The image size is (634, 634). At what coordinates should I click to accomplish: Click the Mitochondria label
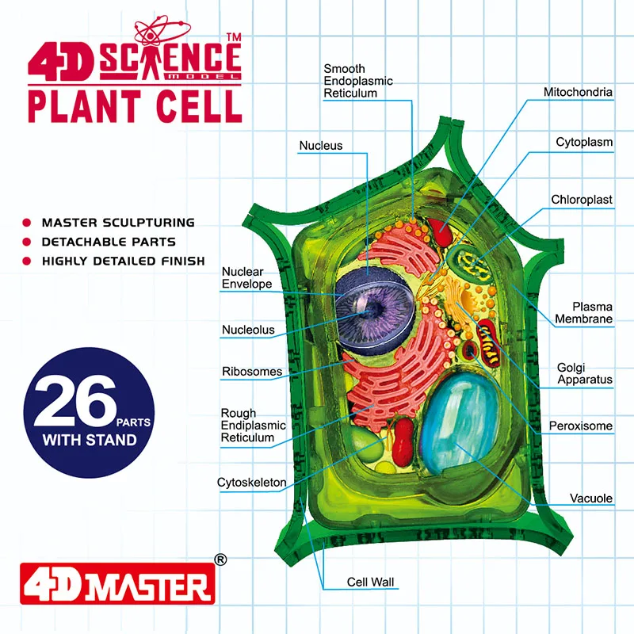(578, 92)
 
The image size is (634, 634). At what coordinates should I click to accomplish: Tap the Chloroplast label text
(582, 200)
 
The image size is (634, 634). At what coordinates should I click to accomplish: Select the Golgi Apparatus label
(584, 372)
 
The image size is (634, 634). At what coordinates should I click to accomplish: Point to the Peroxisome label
(581, 426)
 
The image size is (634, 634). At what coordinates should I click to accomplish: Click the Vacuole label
(591, 498)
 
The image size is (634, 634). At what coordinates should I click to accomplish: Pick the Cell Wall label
(370, 582)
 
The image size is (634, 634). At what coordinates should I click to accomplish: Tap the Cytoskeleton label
(252, 483)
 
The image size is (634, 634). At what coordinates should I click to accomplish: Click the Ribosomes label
(252, 371)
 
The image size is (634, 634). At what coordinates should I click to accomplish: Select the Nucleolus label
(248, 330)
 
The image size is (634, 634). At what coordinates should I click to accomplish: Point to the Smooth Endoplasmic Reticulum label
(358, 81)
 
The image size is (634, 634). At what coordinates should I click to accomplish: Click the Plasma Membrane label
(583, 312)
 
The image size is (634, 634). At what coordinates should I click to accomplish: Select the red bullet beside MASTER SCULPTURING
(26, 223)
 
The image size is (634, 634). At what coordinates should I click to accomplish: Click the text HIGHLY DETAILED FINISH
(123, 261)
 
